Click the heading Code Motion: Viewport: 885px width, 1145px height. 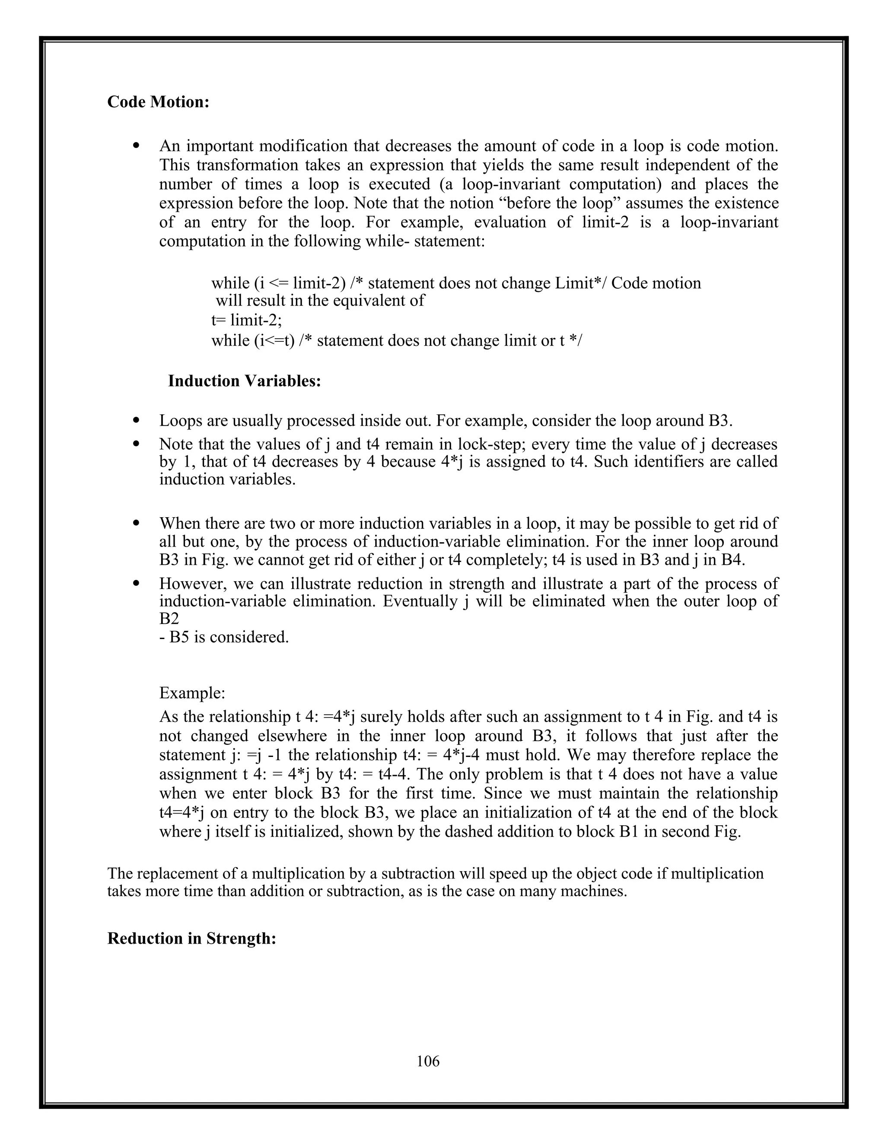(x=158, y=102)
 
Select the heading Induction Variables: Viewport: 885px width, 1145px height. (x=244, y=381)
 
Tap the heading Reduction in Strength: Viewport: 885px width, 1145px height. (x=191, y=938)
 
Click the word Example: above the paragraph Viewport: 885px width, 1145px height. (x=192, y=693)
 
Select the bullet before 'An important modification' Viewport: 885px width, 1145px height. (x=137, y=146)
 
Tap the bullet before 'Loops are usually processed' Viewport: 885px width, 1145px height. (x=137, y=420)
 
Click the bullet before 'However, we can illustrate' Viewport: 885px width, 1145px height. (x=137, y=583)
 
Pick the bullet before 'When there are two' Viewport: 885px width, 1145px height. (x=137, y=523)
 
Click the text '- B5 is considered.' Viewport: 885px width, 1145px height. (x=224, y=637)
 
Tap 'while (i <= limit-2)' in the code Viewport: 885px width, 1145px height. (x=278, y=283)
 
